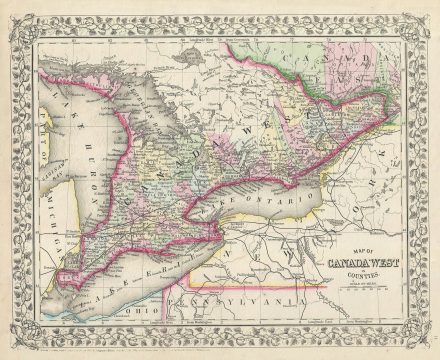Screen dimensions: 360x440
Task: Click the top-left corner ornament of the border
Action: pos(12,12)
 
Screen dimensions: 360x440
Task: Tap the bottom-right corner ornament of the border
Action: pos(428,348)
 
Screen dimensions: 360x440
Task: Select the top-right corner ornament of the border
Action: pos(428,12)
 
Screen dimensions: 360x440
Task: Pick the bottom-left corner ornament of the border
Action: pos(12,348)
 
